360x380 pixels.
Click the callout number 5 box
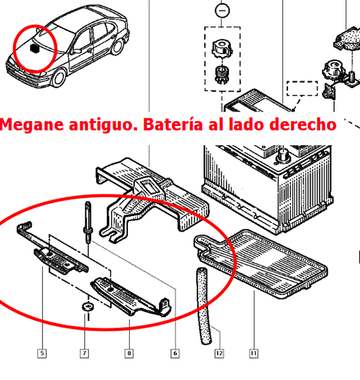tap(42, 353)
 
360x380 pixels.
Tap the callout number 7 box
tap(84, 353)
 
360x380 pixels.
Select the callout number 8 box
tap(129, 353)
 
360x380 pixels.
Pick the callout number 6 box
tap(175, 353)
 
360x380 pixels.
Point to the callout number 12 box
tap(219, 353)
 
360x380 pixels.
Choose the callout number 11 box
tap(254, 353)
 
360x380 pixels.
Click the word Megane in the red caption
tap(32, 125)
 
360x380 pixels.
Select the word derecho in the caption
tap(303, 124)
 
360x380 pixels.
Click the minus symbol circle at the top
tap(222, 10)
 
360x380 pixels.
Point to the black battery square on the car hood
tap(35, 48)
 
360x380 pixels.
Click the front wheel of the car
tap(58, 78)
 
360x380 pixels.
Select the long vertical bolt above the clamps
tap(88, 222)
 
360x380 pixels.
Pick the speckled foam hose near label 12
tap(204, 306)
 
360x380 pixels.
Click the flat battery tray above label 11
tap(261, 264)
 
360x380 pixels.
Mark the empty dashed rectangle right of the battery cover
tap(302, 88)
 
